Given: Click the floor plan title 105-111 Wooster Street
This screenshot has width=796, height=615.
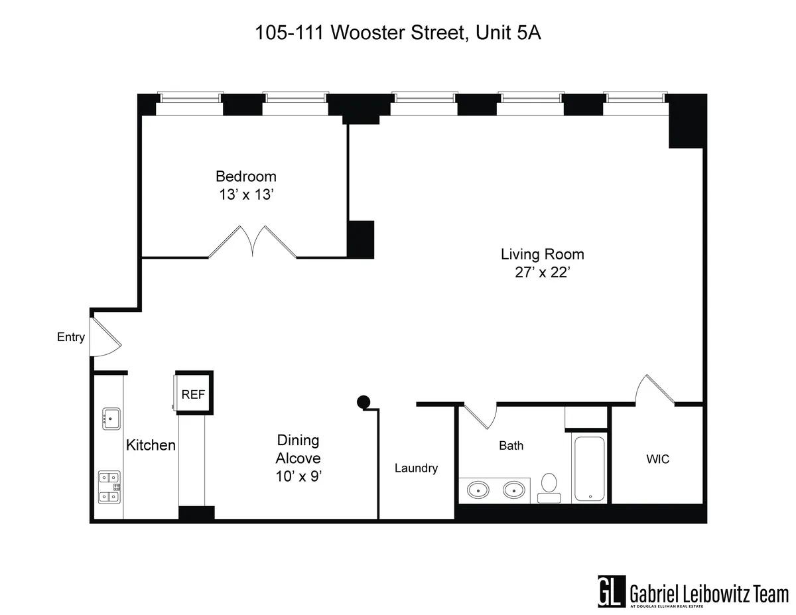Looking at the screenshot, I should pyautogui.click(x=398, y=34).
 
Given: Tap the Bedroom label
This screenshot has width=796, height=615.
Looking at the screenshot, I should pyautogui.click(x=245, y=176).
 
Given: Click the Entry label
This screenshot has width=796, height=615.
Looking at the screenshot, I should pyautogui.click(x=71, y=337).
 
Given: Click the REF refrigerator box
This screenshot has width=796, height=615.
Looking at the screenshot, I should pyautogui.click(x=193, y=394).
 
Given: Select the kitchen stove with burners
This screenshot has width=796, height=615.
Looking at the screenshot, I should pyautogui.click(x=109, y=486).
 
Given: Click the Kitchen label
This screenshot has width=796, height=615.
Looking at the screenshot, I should pyautogui.click(x=151, y=445).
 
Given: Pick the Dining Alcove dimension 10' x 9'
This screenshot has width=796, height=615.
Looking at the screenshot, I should pyautogui.click(x=298, y=476).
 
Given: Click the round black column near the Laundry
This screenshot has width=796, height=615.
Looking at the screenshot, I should pyautogui.click(x=363, y=401).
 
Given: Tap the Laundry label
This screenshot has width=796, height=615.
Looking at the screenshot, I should pyautogui.click(x=416, y=468).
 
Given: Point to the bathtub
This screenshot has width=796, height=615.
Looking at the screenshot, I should pyautogui.click(x=589, y=468).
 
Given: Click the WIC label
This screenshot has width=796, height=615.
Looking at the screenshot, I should pyautogui.click(x=657, y=459).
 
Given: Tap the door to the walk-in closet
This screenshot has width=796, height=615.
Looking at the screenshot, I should pyautogui.click(x=653, y=390).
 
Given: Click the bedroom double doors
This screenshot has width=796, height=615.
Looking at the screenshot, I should pyautogui.click(x=252, y=241).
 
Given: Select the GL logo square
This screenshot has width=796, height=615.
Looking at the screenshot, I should pyautogui.click(x=611, y=590).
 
